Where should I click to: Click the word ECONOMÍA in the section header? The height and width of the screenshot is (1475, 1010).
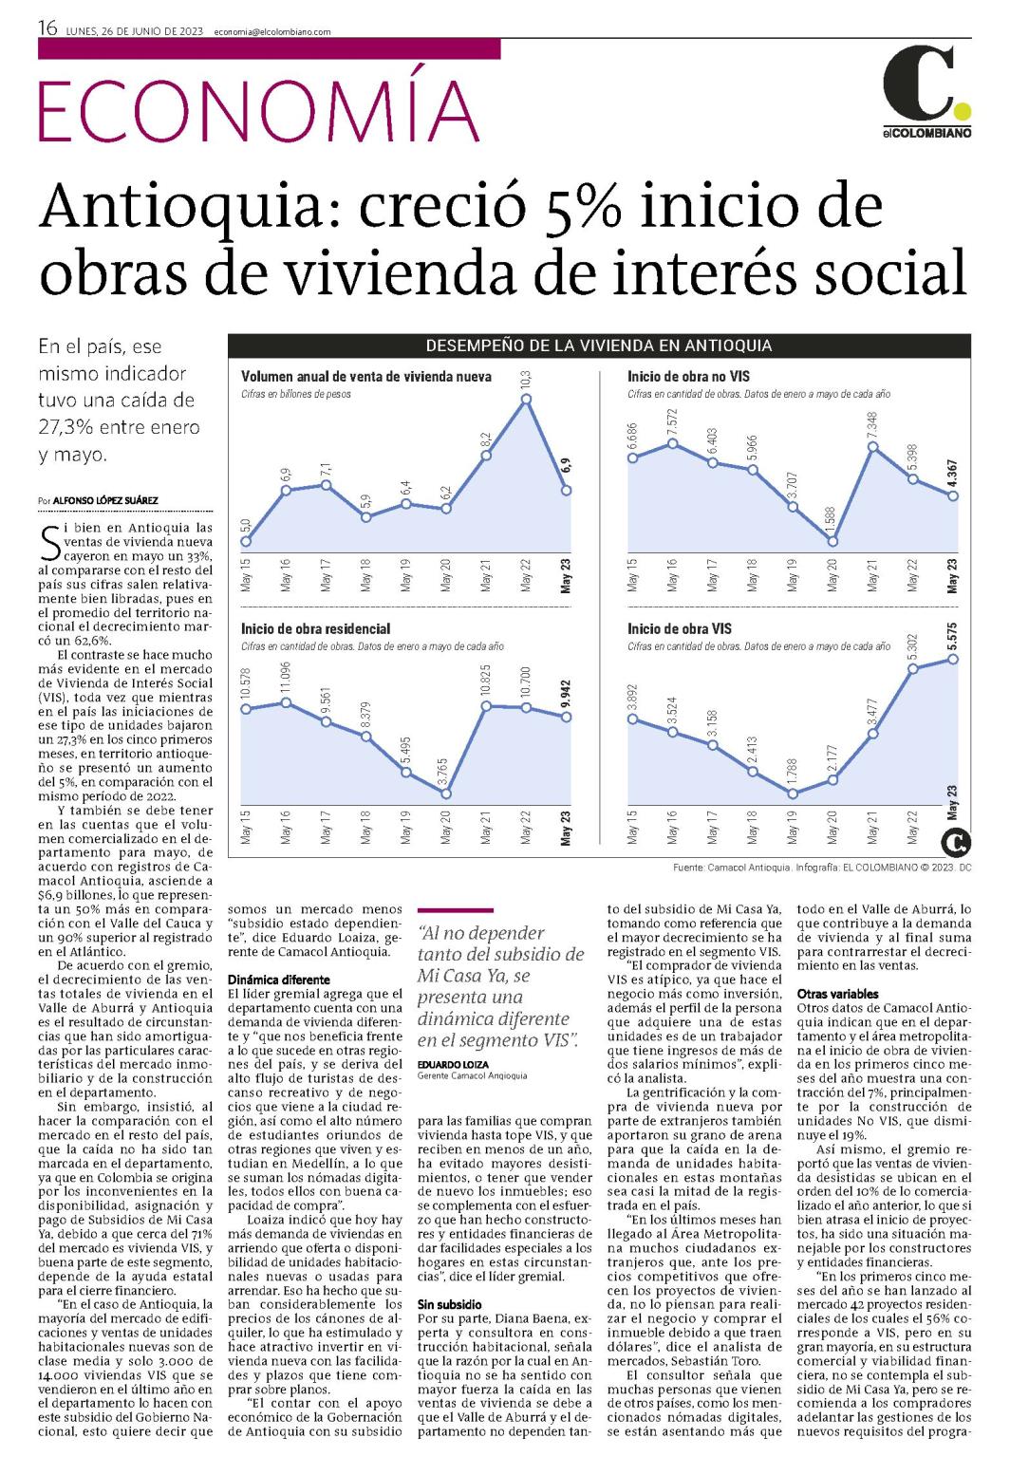coord(259,110)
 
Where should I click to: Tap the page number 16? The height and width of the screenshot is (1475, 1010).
coord(47,28)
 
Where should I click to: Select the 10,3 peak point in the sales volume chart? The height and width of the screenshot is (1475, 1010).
coord(526,399)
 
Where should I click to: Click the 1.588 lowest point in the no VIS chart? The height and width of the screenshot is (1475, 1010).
coord(832,541)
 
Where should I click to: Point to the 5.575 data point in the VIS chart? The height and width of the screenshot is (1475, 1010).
coord(953,659)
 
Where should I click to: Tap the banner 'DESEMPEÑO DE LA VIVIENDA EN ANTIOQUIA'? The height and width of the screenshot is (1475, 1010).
coord(598,345)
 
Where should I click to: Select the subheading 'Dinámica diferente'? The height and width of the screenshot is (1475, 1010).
coord(278,980)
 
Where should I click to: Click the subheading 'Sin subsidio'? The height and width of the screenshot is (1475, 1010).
coord(450,1304)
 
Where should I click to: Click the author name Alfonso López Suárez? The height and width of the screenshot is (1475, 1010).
coord(105,500)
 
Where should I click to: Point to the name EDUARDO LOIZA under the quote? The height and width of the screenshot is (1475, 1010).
coord(453,1065)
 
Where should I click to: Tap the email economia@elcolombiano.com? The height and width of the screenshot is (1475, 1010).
coord(272,31)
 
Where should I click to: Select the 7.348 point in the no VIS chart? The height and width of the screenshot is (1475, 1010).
coord(872,447)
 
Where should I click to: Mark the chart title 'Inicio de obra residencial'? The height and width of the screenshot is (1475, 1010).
coord(315,629)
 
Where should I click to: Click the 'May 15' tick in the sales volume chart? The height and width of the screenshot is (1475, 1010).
coord(246,575)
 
